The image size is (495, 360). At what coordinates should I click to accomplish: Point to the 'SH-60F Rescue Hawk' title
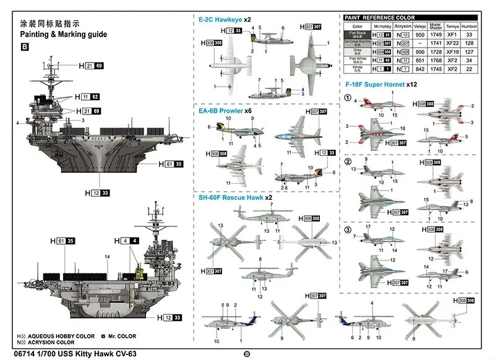(x=231, y=197)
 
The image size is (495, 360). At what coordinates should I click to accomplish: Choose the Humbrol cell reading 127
(x=470, y=52)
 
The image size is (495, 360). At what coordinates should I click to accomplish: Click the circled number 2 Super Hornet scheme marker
(x=348, y=161)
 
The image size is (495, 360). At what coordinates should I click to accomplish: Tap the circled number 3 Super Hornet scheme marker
(x=348, y=230)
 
